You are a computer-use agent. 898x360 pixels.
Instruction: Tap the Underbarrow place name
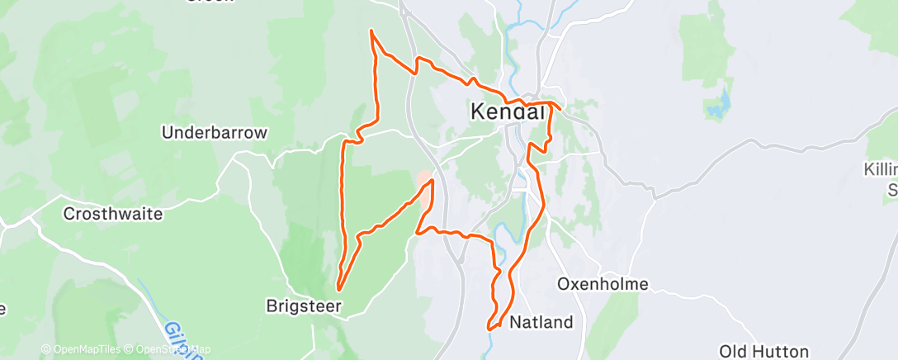pyautogui.click(x=215, y=132)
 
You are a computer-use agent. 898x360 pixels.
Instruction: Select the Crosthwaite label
pyautogui.click(x=113, y=213)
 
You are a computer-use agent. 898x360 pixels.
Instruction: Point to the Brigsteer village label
pyautogui.click(x=304, y=306)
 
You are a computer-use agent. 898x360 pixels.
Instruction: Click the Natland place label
pyautogui.click(x=541, y=322)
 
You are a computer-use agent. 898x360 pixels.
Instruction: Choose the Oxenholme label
pyautogui.click(x=603, y=284)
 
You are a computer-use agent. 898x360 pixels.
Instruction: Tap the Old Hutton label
pyautogui.click(x=763, y=352)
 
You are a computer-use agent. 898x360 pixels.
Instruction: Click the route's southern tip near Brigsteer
pyautogui.click(x=338, y=289)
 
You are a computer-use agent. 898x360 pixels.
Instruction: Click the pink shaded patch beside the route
pyautogui.click(x=423, y=181)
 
